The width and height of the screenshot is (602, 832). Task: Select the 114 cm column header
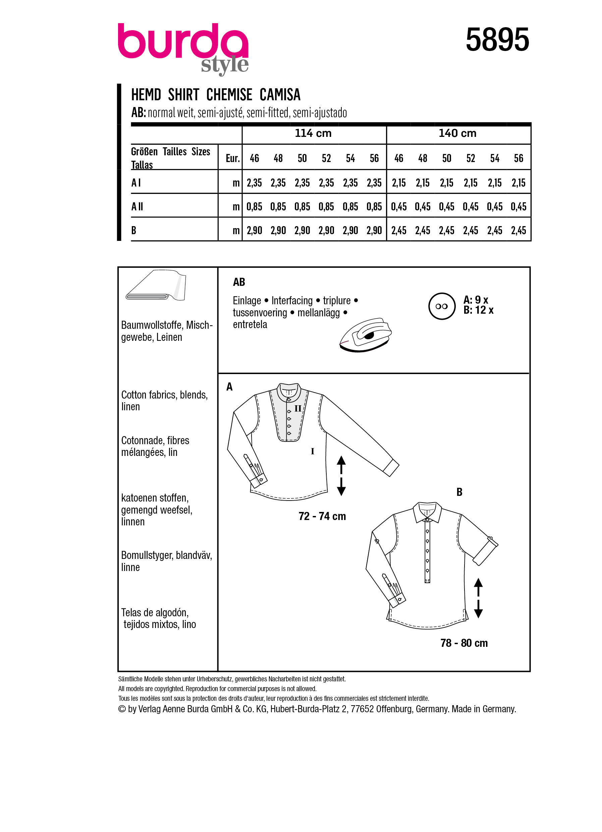tap(313, 133)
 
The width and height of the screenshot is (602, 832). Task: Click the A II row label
tap(137, 207)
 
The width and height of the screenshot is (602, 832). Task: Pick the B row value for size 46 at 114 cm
tap(254, 231)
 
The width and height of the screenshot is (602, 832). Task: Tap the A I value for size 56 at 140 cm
tap(518, 183)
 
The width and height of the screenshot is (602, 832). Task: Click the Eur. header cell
tap(232, 158)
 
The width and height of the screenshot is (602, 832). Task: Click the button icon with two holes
tap(441, 306)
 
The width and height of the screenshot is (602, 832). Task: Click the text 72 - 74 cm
tap(322, 517)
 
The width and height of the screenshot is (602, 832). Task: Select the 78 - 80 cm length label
tap(464, 643)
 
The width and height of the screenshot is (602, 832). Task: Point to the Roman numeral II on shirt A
tap(298, 409)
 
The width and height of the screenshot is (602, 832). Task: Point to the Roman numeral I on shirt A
tap(312, 452)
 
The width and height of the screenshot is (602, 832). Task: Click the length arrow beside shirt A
tap(341, 476)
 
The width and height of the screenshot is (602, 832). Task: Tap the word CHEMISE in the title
tap(229, 95)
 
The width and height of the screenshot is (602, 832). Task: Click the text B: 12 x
tap(478, 310)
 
